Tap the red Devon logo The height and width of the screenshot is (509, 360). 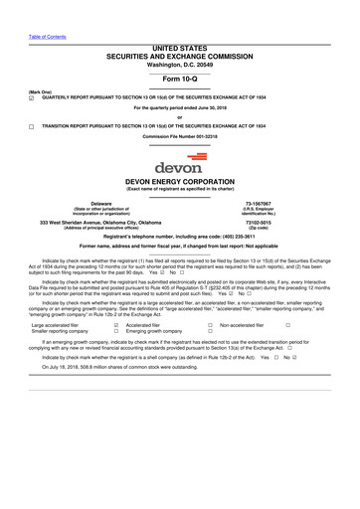[179, 161]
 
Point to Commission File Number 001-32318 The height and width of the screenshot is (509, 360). [180, 137]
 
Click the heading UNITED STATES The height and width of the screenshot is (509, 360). [179, 48]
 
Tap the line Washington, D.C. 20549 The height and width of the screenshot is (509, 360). [179, 65]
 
